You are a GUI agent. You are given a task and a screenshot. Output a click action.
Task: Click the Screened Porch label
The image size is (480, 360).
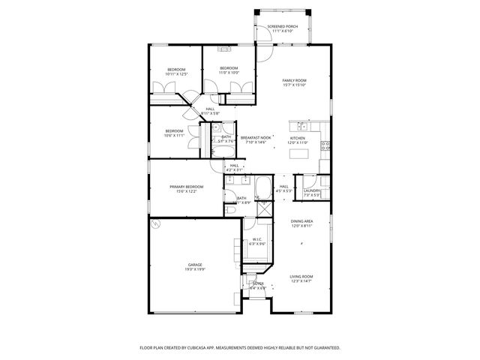pos(283,26)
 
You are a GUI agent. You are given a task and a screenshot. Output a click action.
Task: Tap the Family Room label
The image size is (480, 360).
pos(295,80)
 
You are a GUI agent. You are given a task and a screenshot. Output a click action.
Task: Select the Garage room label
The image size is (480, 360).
pos(195,265)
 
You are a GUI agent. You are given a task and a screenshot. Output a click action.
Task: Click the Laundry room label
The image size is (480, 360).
pos(312,190)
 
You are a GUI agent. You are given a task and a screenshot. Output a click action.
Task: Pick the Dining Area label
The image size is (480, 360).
pos(301,222)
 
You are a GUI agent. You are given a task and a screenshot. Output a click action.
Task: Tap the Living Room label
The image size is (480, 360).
pos(301,277)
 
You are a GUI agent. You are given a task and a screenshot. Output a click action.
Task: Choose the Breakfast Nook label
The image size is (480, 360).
pos(256,138)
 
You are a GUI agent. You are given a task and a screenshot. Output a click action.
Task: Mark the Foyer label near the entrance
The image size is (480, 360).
pos(257,283)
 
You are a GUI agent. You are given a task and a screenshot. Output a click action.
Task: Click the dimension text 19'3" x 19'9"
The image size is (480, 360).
pos(195,269)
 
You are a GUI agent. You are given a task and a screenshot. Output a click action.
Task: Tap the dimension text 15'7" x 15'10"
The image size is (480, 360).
pos(295,85)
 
